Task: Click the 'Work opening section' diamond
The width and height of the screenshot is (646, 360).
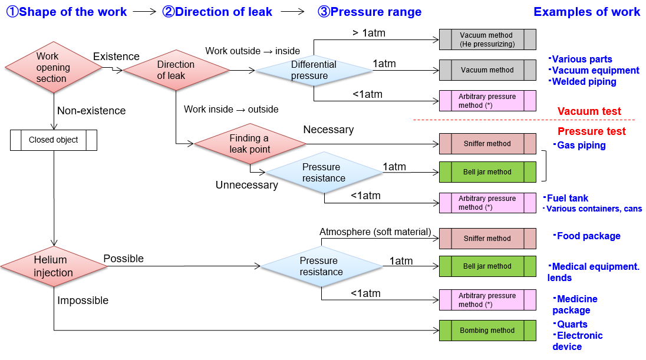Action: pyautogui.click(x=53, y=68)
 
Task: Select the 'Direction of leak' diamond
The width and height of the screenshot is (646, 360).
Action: pyautogui.click(x=176, y=70)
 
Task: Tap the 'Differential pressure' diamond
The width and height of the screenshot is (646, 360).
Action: pyautogui.click(x=313, y=71)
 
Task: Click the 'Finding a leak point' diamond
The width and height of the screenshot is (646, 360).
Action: pyautogui.click(x=250, y=143)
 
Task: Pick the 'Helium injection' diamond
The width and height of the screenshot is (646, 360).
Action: pyautogui.click(x=54, y=266)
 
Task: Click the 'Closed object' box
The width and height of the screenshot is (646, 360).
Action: pyautogui.click(x=53, y=140)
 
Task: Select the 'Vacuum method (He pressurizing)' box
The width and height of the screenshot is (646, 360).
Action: pyautogui.click(x=487, y=39)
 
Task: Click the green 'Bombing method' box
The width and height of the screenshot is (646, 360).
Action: pyautogui.click(x=487, y=331)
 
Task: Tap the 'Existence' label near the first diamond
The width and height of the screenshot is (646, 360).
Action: pyautogui.click(x=116, y=57)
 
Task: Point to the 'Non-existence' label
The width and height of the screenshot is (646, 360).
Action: pyautogui.click(x=91, y=111)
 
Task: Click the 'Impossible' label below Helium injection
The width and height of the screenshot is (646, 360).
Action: pyautogui.click(x=83, y=300)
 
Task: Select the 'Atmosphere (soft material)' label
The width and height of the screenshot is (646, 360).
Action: pyautogui.click(x=375, y=232)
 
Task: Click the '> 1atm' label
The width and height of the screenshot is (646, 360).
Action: pyautogui.click(x=368, y=33)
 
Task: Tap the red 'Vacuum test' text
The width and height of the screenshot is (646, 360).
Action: pyautogui.click(x=589, y=111)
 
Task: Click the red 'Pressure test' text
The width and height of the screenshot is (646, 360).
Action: pyautogui.click(x=591, y=131)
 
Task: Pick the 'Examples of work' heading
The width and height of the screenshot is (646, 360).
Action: pyautogui.click(x=586, y=12)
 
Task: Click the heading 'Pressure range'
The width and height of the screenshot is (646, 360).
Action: pyautogui.click(x=370, y=12)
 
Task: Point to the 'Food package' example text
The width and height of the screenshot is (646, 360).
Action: pyautogui.click(x=588, y=236)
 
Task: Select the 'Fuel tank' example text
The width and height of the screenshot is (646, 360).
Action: pyautogui.click(x=567, y=198)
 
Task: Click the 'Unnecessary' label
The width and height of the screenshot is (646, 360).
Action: pyautogui.click(x=246, y=185)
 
